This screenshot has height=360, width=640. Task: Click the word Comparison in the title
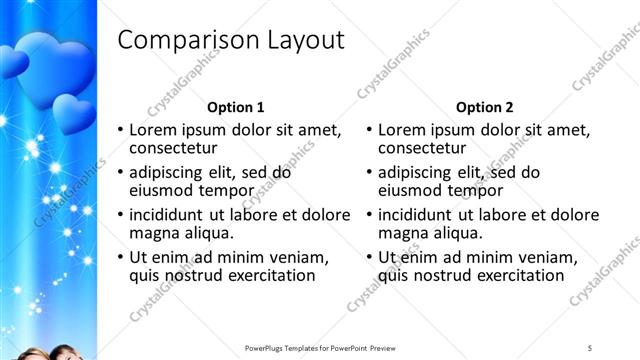tap(187, 40)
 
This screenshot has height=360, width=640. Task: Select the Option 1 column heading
tap(235, 107)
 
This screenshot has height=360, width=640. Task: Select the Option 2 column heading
tap(485, 107)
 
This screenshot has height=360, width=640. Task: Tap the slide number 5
tap(590, 347)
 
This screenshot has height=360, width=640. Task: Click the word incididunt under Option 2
tap(419, 214)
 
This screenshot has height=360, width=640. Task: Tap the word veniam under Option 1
tap(300, 256)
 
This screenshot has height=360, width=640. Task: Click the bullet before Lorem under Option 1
tap(121, 130)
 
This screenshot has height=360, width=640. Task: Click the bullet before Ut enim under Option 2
tap(370, 256)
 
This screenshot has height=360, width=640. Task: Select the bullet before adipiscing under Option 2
tap(370, 172)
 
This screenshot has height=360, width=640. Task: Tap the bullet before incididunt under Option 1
tap(121, 214)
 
